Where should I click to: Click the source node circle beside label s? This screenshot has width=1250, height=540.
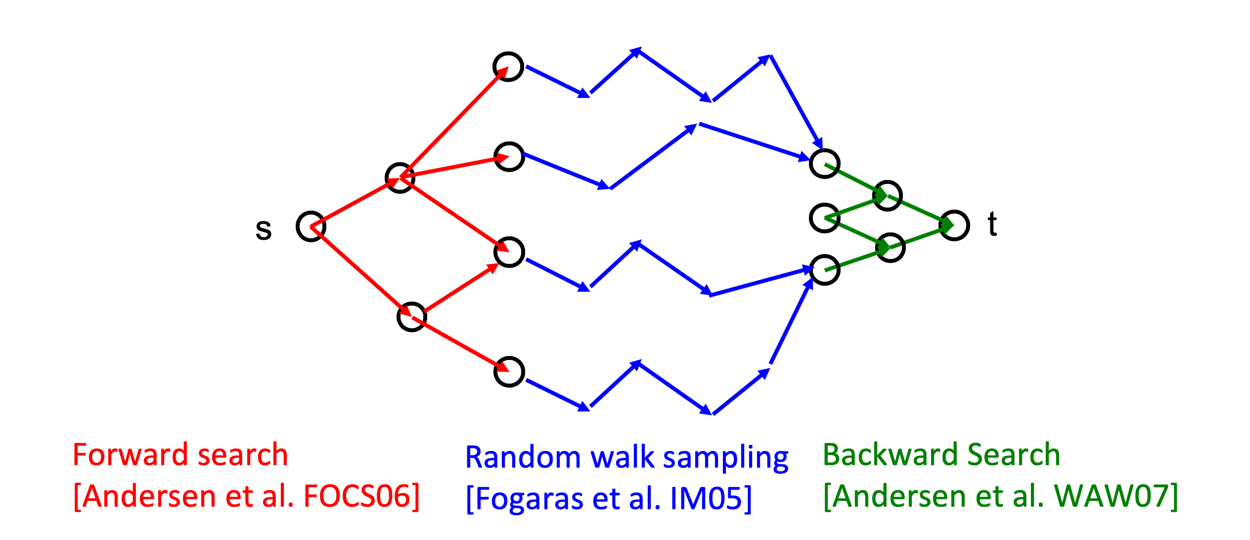[298, 226]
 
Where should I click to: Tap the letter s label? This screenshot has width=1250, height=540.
[264, 229]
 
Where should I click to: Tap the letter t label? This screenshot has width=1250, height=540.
[992, 224]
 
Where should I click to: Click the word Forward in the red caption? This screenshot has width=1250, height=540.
[131, 454]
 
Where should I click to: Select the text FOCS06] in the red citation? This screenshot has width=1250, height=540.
[361, 496]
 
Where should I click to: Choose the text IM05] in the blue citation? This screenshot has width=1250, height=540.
[711, 498]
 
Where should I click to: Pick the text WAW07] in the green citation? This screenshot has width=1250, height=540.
[1116, 496]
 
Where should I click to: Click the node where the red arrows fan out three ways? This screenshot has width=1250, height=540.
[386, 178]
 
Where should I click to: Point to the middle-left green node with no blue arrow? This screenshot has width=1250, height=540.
[811, 218]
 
